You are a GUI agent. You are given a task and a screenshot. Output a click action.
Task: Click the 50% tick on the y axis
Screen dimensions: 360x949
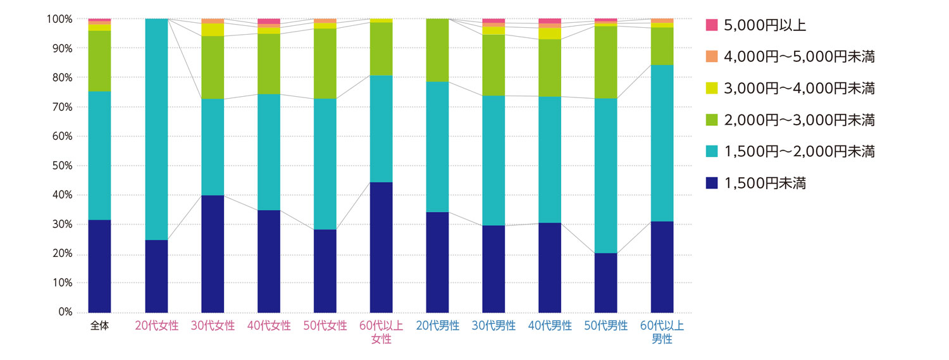[x=62, y=166]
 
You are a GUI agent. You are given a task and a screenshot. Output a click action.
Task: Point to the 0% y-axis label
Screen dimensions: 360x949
[x=65, y=312]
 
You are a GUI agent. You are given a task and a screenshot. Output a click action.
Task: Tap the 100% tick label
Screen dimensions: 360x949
[x=59, y=19]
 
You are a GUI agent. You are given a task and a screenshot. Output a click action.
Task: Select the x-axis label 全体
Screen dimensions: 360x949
[x=99, y=326]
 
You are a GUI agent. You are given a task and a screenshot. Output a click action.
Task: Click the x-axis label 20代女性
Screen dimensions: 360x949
[x=156, y=326]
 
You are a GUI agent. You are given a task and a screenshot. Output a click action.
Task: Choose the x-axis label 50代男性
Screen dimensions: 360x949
[x=605, y=326]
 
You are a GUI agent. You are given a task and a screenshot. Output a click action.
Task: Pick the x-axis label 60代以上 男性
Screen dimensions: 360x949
[x=662, y=333]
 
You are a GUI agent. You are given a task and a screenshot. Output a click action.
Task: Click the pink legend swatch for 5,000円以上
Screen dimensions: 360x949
[x=712, y=25]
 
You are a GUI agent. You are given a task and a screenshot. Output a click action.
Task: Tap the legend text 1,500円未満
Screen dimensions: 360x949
[x=765, y=183]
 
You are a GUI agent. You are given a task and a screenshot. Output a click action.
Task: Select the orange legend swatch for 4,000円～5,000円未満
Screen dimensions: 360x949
[x=712, y=56]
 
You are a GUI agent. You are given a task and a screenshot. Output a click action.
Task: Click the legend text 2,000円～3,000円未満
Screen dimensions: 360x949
[x=799, y=120]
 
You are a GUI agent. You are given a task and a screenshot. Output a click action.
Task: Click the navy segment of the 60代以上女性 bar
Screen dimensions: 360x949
[x=381, y=247]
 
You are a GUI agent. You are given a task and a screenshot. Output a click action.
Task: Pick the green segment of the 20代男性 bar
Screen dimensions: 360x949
[x=437, y=51]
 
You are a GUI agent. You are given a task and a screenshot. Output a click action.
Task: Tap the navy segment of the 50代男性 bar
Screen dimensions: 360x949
[x=605, y=282]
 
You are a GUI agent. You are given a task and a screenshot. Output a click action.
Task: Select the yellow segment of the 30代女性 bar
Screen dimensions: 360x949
[x=213, y=30]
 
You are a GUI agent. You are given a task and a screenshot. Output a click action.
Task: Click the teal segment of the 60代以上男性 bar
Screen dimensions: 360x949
[x=662, y=143]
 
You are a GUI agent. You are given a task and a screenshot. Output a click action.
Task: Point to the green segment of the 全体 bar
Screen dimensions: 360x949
[x=99, y=61]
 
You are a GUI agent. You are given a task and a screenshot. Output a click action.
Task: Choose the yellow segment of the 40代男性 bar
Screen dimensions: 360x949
[x=550, y=34]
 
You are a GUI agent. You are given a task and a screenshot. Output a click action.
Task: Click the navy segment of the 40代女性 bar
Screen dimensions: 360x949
[x=269, y=261]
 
